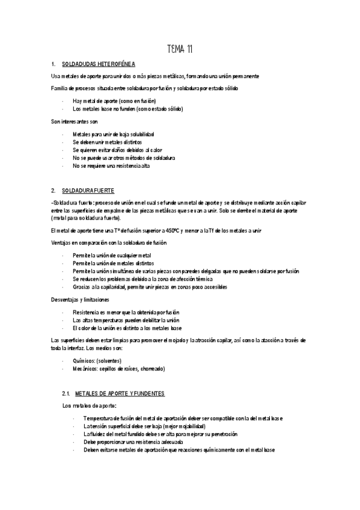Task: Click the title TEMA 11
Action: click(179, 49)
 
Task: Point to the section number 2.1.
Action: click(66, 393)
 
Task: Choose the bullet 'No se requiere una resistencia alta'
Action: click(111, 165)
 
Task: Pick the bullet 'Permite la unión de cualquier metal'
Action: click(112, 255)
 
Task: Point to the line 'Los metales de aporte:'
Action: click(88, 406)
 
